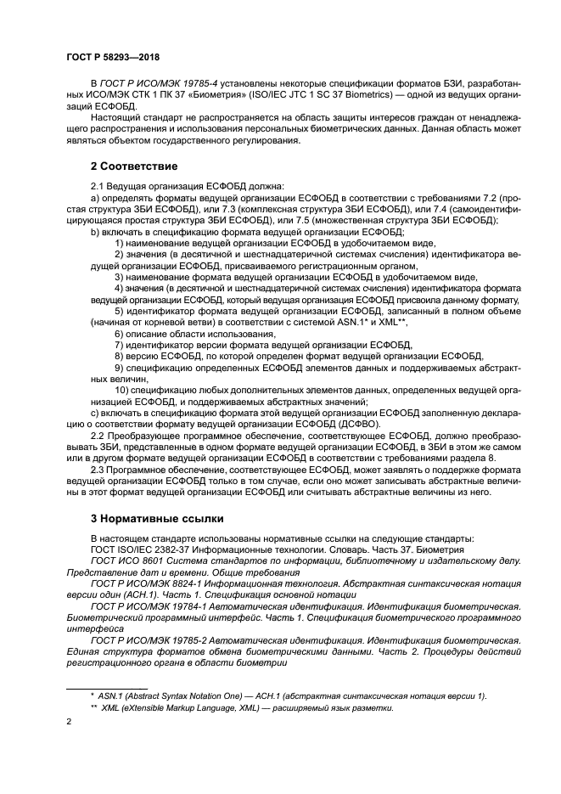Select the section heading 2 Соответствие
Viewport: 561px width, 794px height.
tap(134, 166)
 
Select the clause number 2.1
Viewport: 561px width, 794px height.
tap(98, 185)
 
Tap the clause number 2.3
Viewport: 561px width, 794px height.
tap(98, 470)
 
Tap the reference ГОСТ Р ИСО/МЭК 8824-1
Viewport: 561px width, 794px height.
tap(149, 585)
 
